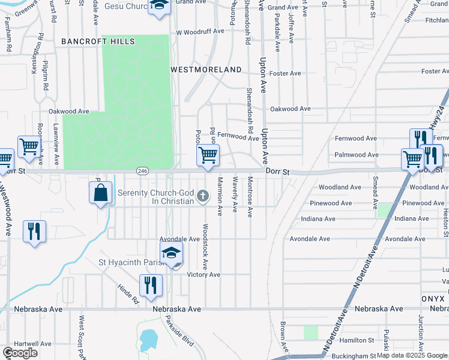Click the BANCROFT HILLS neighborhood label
[x=98, y=41]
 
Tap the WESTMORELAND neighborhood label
[x=206, y=70]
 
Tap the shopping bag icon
[x=101, y=193]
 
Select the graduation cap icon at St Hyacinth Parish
[x=171, y=253]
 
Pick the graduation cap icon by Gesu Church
[x=160, y=7]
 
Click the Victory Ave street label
[x=203, y=275]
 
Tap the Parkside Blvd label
[x=179, y=331]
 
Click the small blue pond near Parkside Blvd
[x=147, y=340]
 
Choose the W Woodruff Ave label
[x=203, y=32]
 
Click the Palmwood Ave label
[x=356, y=155]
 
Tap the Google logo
[x=20, y=353]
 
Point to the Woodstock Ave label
[x=205, y=246]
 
